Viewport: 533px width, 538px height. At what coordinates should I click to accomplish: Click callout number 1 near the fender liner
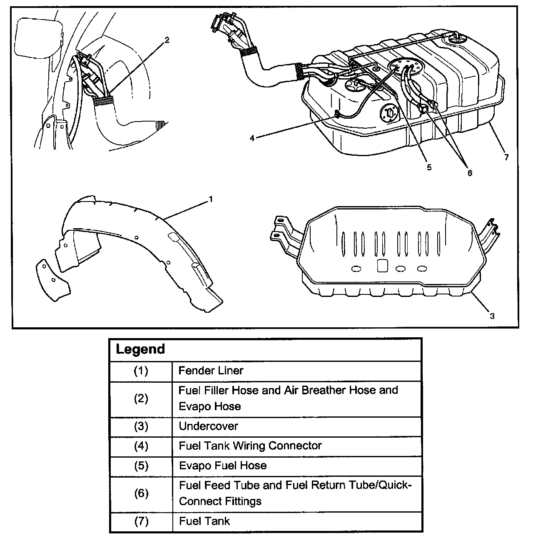click(x=211, y=199)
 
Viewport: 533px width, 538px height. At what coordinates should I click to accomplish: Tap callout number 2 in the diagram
click(x=167, y=40)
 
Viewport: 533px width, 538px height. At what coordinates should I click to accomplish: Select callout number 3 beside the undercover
click(x=492, y=316)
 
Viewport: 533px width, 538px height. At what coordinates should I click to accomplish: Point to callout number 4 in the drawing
click(x=252, y=138)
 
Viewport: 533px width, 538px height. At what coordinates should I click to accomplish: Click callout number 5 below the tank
click(x=429, y=167)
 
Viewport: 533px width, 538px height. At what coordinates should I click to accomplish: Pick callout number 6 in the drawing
click(x=470, y=173)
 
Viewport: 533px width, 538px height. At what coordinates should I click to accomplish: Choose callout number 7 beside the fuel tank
click(x=506, y=157)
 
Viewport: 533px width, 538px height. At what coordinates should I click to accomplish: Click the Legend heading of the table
click(x=140, y=349)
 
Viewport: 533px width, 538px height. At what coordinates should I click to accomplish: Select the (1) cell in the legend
click(x=141, y=371)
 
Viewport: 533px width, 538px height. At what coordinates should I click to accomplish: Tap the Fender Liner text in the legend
click(x=211, y=371)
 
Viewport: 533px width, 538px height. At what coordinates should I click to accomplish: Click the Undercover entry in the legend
click(x=208, y=426)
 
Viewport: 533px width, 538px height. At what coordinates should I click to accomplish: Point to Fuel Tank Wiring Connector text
click(x=250, y=446)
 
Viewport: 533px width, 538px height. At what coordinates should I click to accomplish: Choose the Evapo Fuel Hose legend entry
click(x=223, y=465)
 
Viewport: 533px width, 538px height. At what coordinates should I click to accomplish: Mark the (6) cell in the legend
click(x=141, y=493)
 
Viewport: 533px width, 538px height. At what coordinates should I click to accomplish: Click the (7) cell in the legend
click(x=141, y=521)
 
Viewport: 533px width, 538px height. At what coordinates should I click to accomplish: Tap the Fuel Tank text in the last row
click(x=204, y=521)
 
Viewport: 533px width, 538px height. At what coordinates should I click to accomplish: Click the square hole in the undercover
click(x=382, y=266)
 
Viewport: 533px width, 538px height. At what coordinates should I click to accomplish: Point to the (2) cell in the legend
click(x=141, y=399)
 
